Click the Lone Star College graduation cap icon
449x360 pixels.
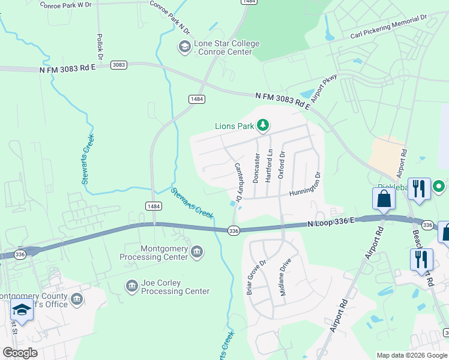184,46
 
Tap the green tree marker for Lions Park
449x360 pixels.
262,125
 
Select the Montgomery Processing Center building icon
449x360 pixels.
197,253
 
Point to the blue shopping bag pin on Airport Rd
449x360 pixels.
383,199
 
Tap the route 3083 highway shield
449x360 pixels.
119,65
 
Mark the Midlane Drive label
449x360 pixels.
285,277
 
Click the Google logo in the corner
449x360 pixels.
20,353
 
